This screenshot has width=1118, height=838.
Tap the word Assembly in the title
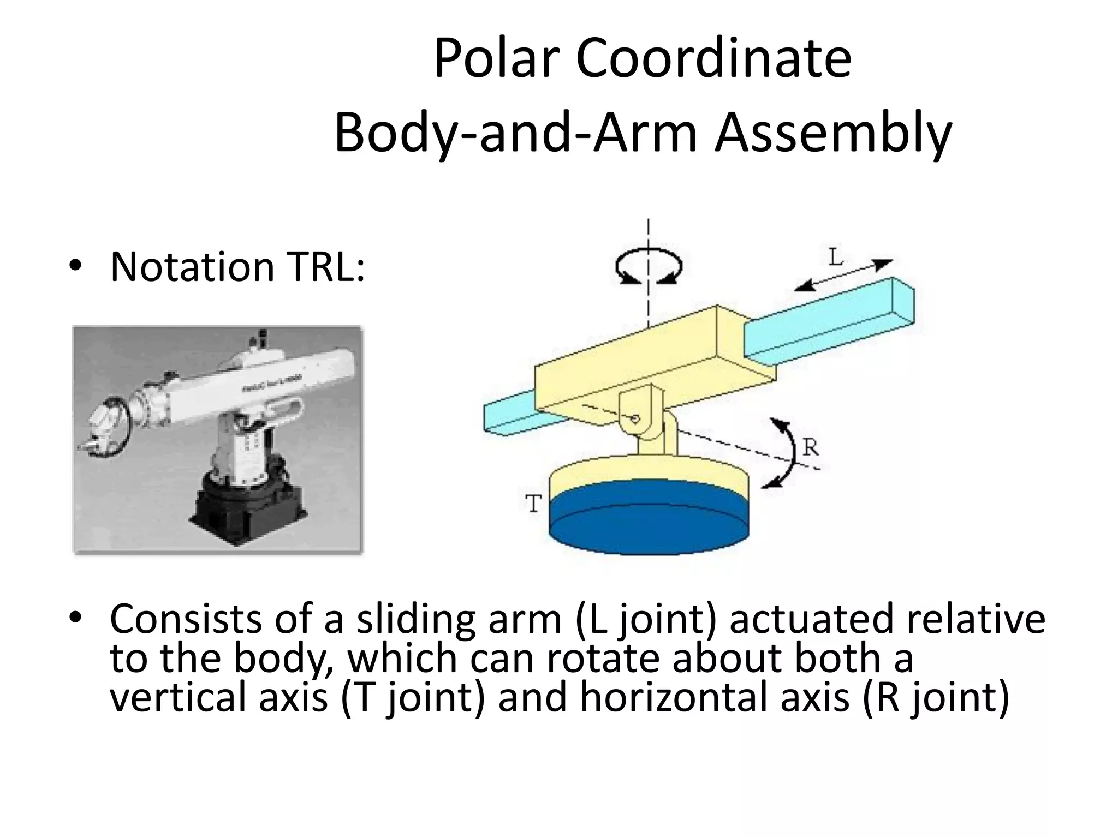pyautogui.click(x=833, y=134)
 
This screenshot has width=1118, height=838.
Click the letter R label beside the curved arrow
pyautogui.click(x=811, y=448)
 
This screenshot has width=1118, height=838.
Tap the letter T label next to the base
pyautogui.click(x=533, y=503)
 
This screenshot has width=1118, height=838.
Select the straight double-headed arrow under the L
pyautogui.click(x=843, y=274)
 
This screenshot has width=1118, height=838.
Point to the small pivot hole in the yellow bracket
pyautogui.click(x=635, y=419)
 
